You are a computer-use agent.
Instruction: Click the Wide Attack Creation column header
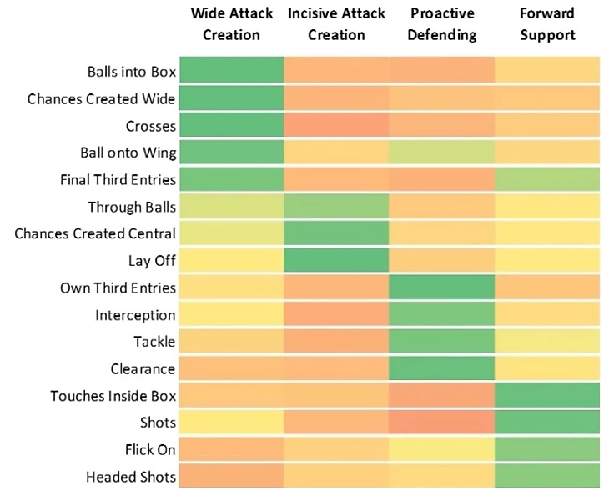232,24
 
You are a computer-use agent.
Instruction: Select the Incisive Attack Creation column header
337,24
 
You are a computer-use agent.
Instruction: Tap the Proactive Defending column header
442,24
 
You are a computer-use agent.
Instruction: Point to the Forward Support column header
546,24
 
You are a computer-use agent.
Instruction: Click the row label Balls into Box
131,72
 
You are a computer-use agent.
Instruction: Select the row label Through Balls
132,207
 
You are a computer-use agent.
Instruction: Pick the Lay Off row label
152,261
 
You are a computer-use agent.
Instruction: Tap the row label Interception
135,315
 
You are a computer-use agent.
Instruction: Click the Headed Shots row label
131,477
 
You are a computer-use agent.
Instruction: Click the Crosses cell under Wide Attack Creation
232,126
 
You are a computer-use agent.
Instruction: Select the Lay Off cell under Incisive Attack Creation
337,261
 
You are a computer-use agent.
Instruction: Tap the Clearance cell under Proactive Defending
442,368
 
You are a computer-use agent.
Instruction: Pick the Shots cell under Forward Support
546,423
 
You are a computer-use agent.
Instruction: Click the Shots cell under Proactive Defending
442,423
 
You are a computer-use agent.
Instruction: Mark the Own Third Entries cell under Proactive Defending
442,288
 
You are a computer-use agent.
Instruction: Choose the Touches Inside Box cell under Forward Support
546,395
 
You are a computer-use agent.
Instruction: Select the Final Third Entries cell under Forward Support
546,180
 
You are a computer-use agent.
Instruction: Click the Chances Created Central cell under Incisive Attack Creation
337,233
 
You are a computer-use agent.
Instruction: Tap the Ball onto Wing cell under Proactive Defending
442,153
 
